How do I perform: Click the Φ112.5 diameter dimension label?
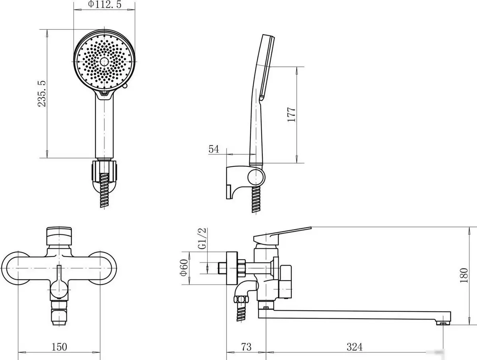coord(105,4)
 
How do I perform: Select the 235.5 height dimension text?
coord(42,94)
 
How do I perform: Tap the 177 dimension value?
coord(291,114)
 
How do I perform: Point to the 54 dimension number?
coord(214,149)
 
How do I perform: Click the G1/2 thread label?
coord(202,238)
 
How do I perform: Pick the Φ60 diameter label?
coord(184,267)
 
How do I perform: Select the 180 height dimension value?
coord(464,275)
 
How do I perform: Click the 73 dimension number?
coord(246,347)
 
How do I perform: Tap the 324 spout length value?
coord(355,347)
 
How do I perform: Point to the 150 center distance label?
coord(59,347)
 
